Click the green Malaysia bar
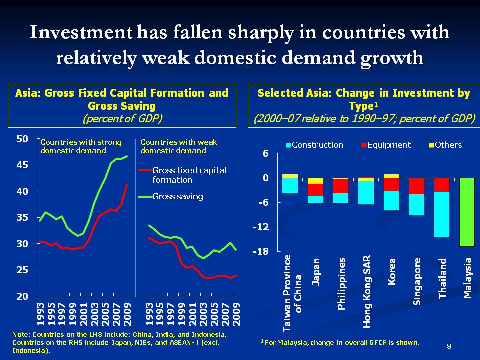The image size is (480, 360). click(468, 212)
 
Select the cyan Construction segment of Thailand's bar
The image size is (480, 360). click(442, 214)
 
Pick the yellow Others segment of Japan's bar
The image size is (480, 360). click(315, 181)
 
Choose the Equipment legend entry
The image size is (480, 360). click(385, 145)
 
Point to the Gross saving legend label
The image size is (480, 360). click(177, 196)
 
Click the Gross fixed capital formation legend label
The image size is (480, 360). click(189, 175)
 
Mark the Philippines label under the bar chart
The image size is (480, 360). click(341, 285)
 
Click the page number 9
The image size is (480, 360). click(449, 346)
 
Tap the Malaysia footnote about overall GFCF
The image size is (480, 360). click(340, 342)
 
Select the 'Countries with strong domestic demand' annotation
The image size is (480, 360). click(80, 146)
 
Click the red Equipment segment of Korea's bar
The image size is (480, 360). click(391, 184)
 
